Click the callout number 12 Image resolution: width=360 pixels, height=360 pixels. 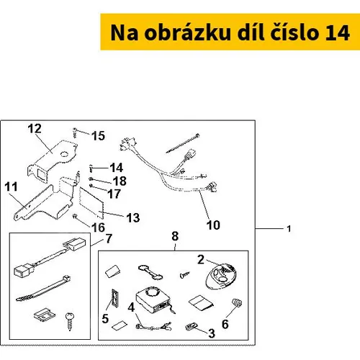35,129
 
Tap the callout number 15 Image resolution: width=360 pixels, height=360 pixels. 98,136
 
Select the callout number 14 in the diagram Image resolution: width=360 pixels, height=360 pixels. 117,168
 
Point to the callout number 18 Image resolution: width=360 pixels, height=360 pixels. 120,181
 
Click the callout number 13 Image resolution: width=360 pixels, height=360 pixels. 133,218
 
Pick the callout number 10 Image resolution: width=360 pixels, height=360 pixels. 213,225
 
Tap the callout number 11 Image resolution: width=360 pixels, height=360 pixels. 12,187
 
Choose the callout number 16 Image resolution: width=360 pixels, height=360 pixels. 98,228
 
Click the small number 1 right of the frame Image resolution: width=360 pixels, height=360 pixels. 289,229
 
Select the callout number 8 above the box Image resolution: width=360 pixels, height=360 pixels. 175,236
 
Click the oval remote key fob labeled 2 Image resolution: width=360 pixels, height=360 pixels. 221,276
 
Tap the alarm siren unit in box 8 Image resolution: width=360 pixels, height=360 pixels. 153,300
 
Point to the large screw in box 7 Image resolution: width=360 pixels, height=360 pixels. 70,322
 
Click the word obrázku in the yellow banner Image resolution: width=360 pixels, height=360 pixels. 187,32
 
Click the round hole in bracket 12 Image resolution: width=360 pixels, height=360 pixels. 64,154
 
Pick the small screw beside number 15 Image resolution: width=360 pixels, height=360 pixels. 75,133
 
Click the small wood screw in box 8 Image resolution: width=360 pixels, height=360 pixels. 184,275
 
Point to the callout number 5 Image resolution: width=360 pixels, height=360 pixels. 105,319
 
